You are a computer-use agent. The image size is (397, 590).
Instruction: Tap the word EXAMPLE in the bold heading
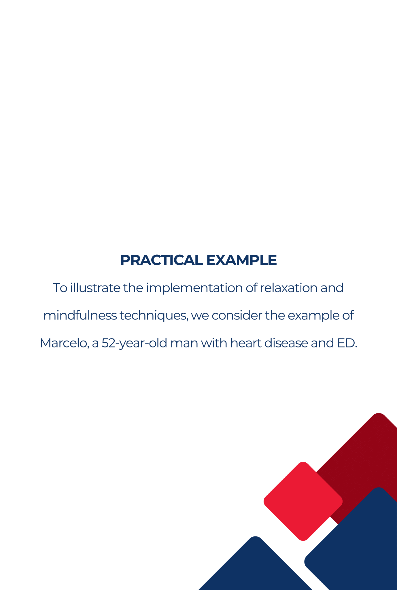(x=241, y=260)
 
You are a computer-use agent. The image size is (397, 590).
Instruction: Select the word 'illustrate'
(x=95, y=288)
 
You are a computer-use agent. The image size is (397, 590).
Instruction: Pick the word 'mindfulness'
(x=80, y=315)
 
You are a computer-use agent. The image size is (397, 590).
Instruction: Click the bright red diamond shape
(x=303, y=501)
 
